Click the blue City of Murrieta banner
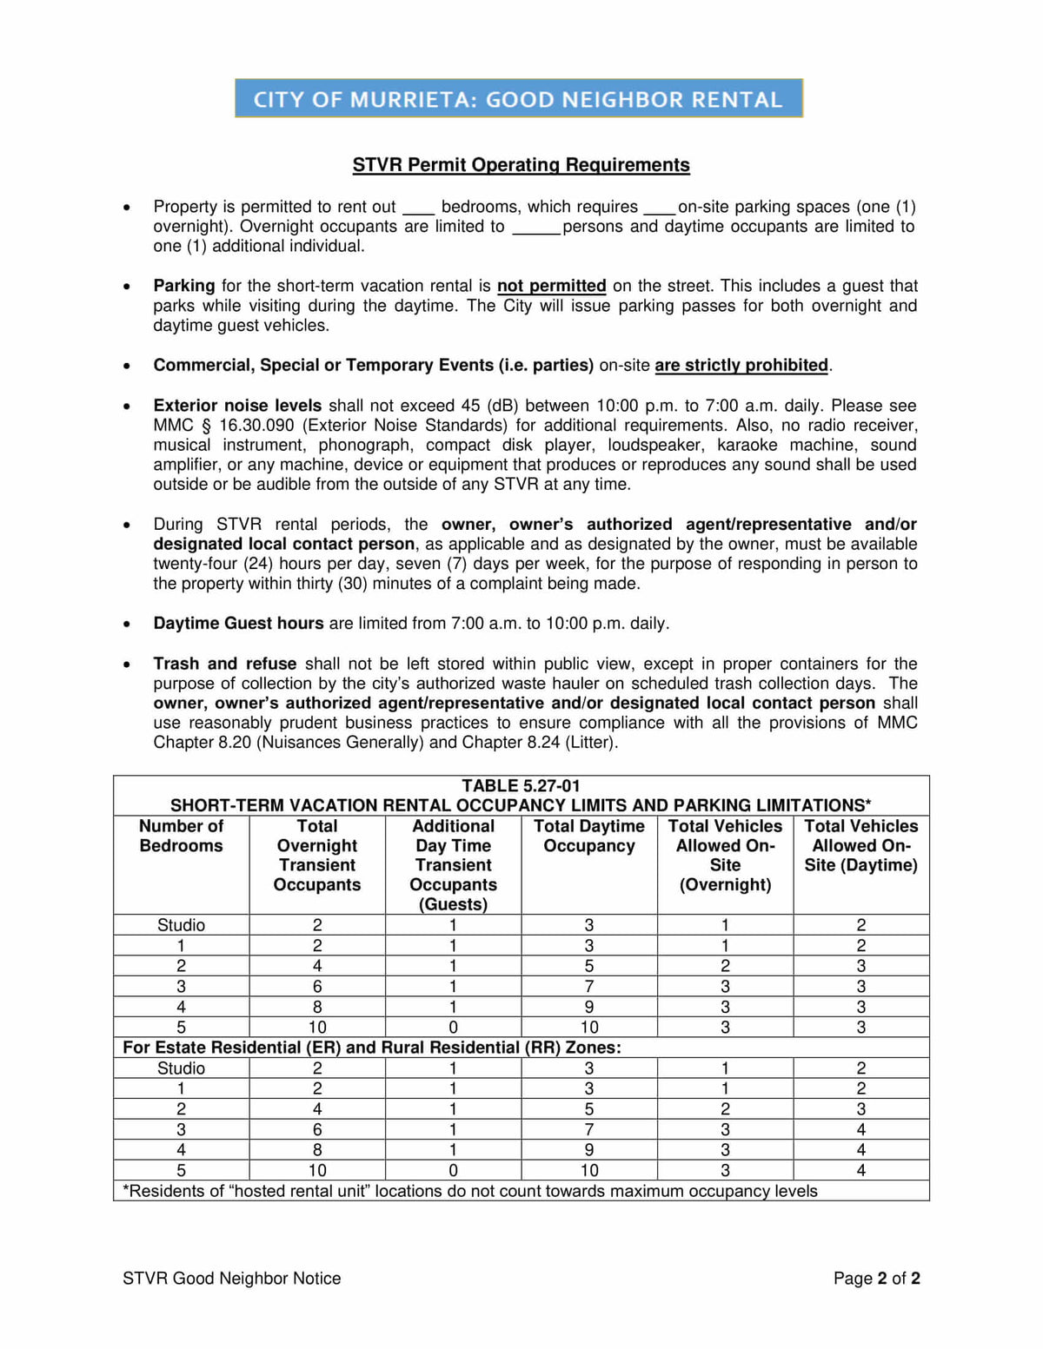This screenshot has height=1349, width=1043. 519,98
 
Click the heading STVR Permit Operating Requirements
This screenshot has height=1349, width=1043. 521,165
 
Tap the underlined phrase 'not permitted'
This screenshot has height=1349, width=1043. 551,286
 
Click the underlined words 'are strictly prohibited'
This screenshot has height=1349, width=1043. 741,365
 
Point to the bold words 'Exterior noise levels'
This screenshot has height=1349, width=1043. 237,406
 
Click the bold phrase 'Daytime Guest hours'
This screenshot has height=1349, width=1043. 238,623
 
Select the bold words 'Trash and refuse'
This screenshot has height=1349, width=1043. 224,664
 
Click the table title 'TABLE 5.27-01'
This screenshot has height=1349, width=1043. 521,785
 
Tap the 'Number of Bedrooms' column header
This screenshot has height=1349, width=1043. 181,836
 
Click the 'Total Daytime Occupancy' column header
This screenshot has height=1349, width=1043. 589,836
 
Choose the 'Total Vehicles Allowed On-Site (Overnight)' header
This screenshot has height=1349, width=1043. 725,855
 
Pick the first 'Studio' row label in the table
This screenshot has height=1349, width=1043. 181,925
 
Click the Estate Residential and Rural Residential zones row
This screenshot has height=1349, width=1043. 372,1048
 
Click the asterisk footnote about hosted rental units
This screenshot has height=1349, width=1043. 469,1191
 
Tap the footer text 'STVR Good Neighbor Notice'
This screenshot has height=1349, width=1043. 231,1278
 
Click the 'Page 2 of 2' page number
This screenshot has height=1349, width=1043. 876,1278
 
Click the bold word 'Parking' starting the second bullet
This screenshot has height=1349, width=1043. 183,286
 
